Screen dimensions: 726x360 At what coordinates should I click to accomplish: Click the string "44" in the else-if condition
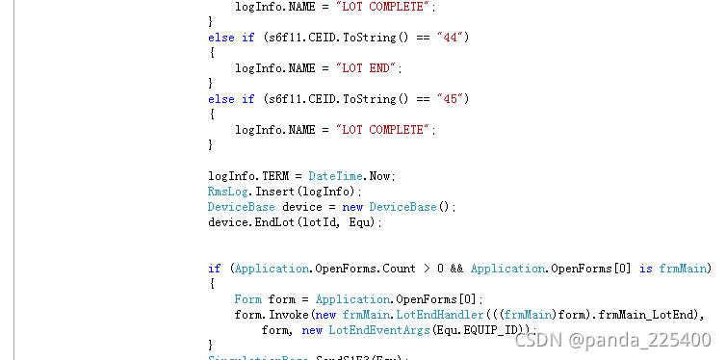(453, 38)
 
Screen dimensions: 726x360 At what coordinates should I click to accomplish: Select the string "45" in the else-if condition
(453, 99)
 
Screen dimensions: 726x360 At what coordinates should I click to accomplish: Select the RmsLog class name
(226, 192)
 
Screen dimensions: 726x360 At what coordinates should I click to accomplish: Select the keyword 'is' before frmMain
(646, 269)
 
